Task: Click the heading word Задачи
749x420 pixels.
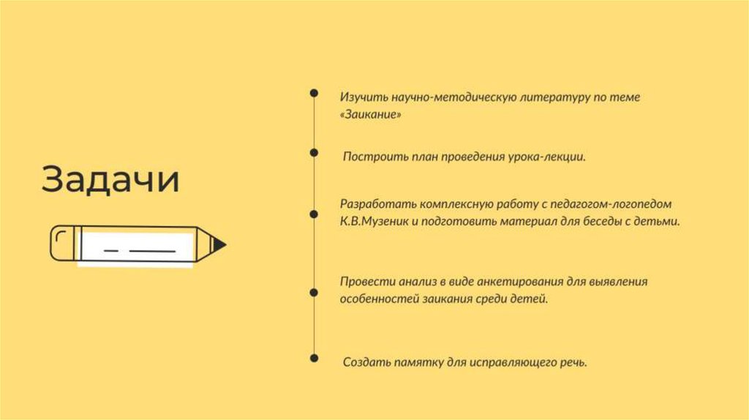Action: pyautogui.click(x=110, y=179)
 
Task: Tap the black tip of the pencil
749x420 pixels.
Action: pyautogui.click(x=220, y=244)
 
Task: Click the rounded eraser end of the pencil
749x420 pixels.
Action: pyautogui.click(x=62, y=242)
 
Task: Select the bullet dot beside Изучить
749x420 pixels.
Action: pyautogui.click(x=314, y=93)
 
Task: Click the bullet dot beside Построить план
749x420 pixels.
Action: pyautogui.click(x=314, y=153)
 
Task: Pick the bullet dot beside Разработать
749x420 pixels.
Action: pyautogui.click(x=314, y=214)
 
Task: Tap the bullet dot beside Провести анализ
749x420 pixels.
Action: pyautogui.click(x=314, y=292)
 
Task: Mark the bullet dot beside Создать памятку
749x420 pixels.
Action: pyautogui.click(x=314, y=358)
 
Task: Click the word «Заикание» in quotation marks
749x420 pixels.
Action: pyautogui.click(x=370, y=116)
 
